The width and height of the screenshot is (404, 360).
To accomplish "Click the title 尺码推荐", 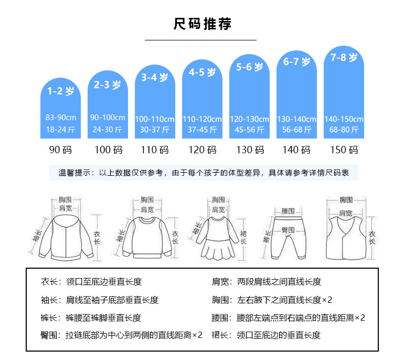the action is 202,24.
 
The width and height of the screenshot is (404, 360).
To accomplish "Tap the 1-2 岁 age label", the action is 61,91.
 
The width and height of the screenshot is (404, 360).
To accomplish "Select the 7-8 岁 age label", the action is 344,57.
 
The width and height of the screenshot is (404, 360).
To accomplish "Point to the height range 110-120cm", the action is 202,119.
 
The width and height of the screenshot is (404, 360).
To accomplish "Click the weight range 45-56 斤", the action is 249,130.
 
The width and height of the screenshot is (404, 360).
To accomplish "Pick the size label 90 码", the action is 61,150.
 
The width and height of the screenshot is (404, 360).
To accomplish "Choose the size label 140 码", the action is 296,150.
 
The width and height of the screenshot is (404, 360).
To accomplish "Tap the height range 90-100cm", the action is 108,118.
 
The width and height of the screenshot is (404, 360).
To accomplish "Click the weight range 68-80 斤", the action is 344,130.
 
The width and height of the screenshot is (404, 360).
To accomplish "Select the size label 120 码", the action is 202,150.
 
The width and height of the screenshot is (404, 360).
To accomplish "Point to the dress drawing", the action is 218,236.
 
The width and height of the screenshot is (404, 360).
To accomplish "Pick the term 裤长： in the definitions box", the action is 51,318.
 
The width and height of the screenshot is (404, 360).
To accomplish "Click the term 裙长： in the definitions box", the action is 221,335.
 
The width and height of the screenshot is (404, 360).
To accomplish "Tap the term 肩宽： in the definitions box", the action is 221,282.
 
